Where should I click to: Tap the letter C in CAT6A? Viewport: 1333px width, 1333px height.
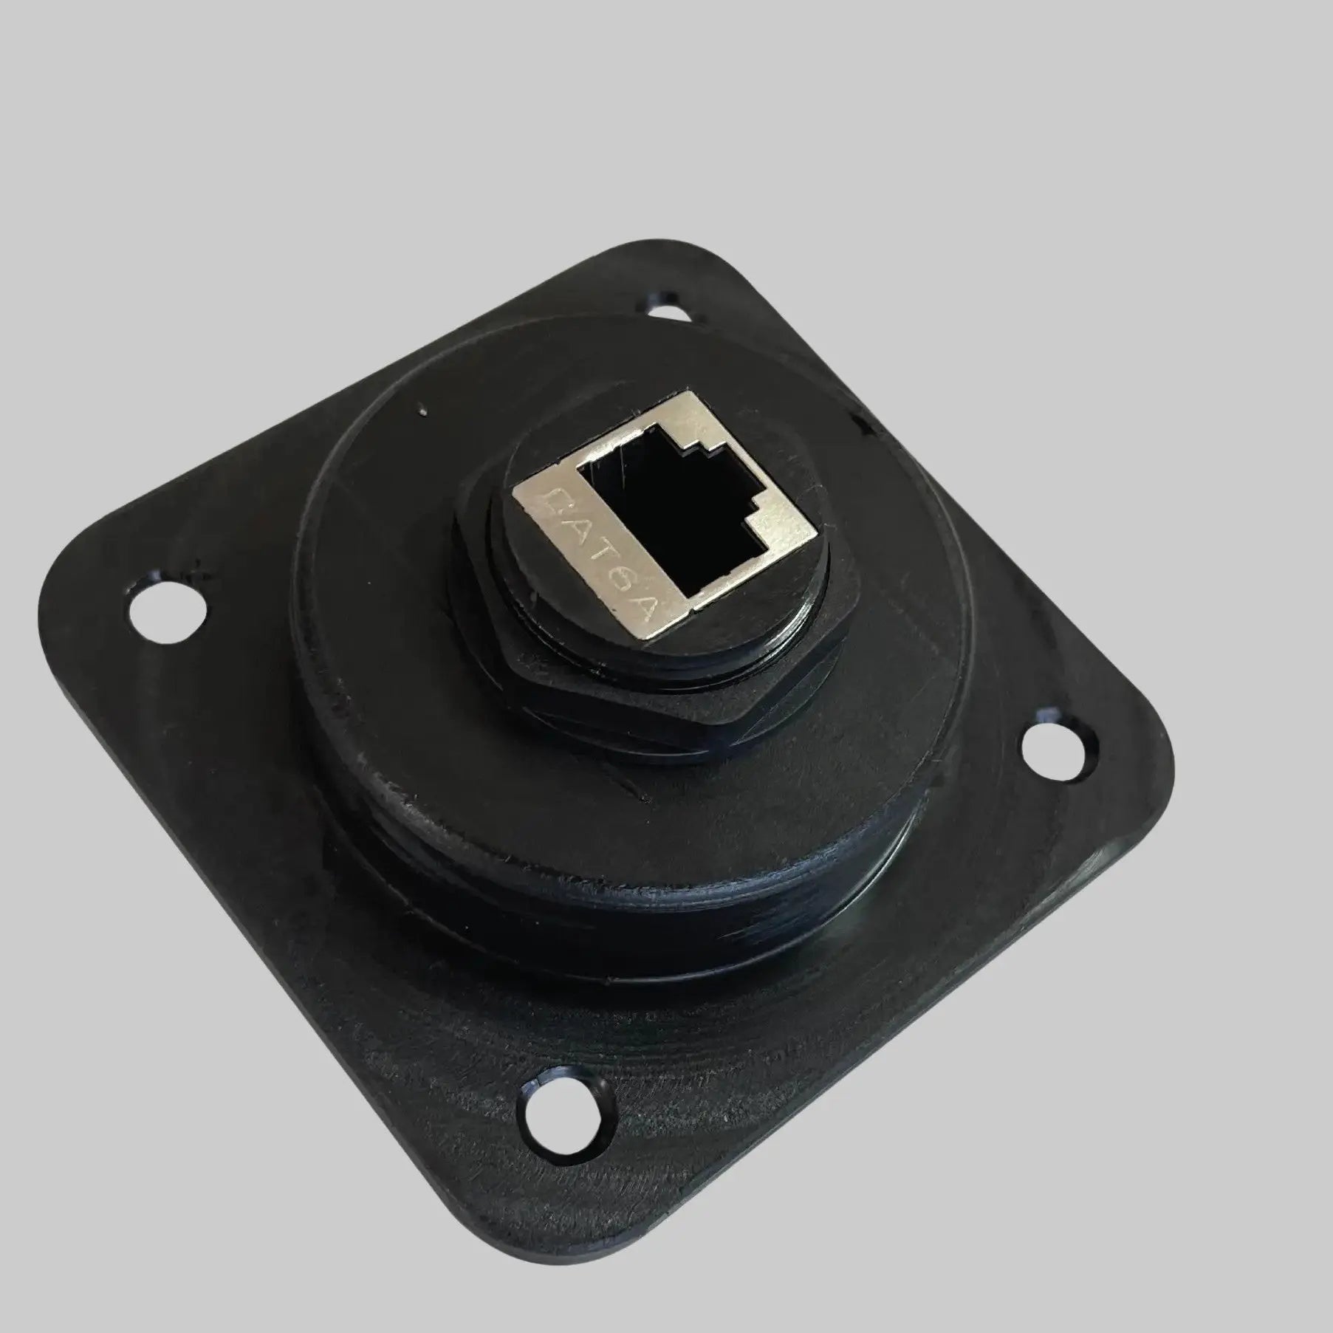[553, 505]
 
